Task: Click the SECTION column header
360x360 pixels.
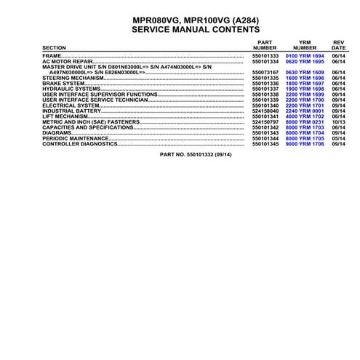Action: click(54, 48)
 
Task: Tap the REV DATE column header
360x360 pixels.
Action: click(338, 44)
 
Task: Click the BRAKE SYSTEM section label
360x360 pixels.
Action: click(64, 84)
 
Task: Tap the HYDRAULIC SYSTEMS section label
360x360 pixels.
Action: click(70, 89)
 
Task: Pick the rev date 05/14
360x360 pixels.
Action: click(338, 138)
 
